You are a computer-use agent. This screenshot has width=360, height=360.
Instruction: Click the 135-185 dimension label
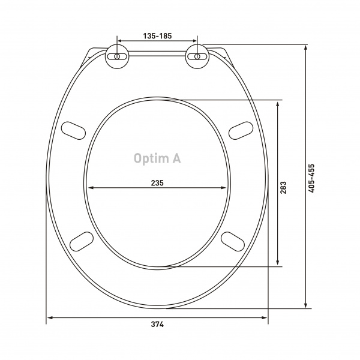click(x=157, y=36)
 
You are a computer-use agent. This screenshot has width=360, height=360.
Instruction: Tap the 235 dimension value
click(x=157, y=183)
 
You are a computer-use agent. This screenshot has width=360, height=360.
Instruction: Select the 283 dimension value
click(x=283, y=188)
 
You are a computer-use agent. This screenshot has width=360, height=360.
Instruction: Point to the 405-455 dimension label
click(x=311, y=178)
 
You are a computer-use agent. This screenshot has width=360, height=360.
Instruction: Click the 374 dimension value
click(x=157, y=325)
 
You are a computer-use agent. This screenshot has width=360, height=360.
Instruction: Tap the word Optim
click(x=151, y=158)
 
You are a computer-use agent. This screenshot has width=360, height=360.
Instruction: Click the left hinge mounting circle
click(x=117, y=56)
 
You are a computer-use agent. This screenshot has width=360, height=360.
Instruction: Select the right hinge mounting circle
click(x=197, y=56)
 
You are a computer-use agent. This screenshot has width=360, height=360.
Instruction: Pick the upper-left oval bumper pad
click(x=73, y=130)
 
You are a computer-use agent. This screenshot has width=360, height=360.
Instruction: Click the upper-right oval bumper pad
click(x=241, y=130)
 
